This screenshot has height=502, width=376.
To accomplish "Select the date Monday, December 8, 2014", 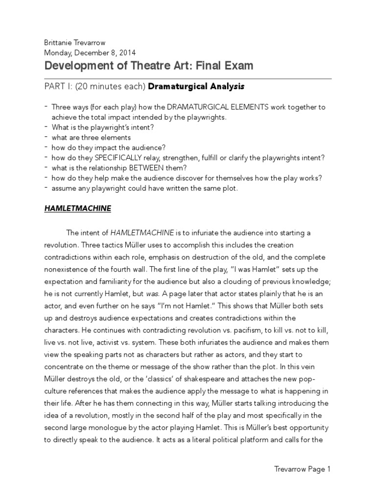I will click(90, 52).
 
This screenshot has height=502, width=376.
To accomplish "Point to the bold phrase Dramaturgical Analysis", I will click(196, 87).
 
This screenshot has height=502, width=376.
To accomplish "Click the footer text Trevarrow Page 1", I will click(302, 470).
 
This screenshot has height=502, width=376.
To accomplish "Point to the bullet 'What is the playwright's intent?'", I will click(103, 127).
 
